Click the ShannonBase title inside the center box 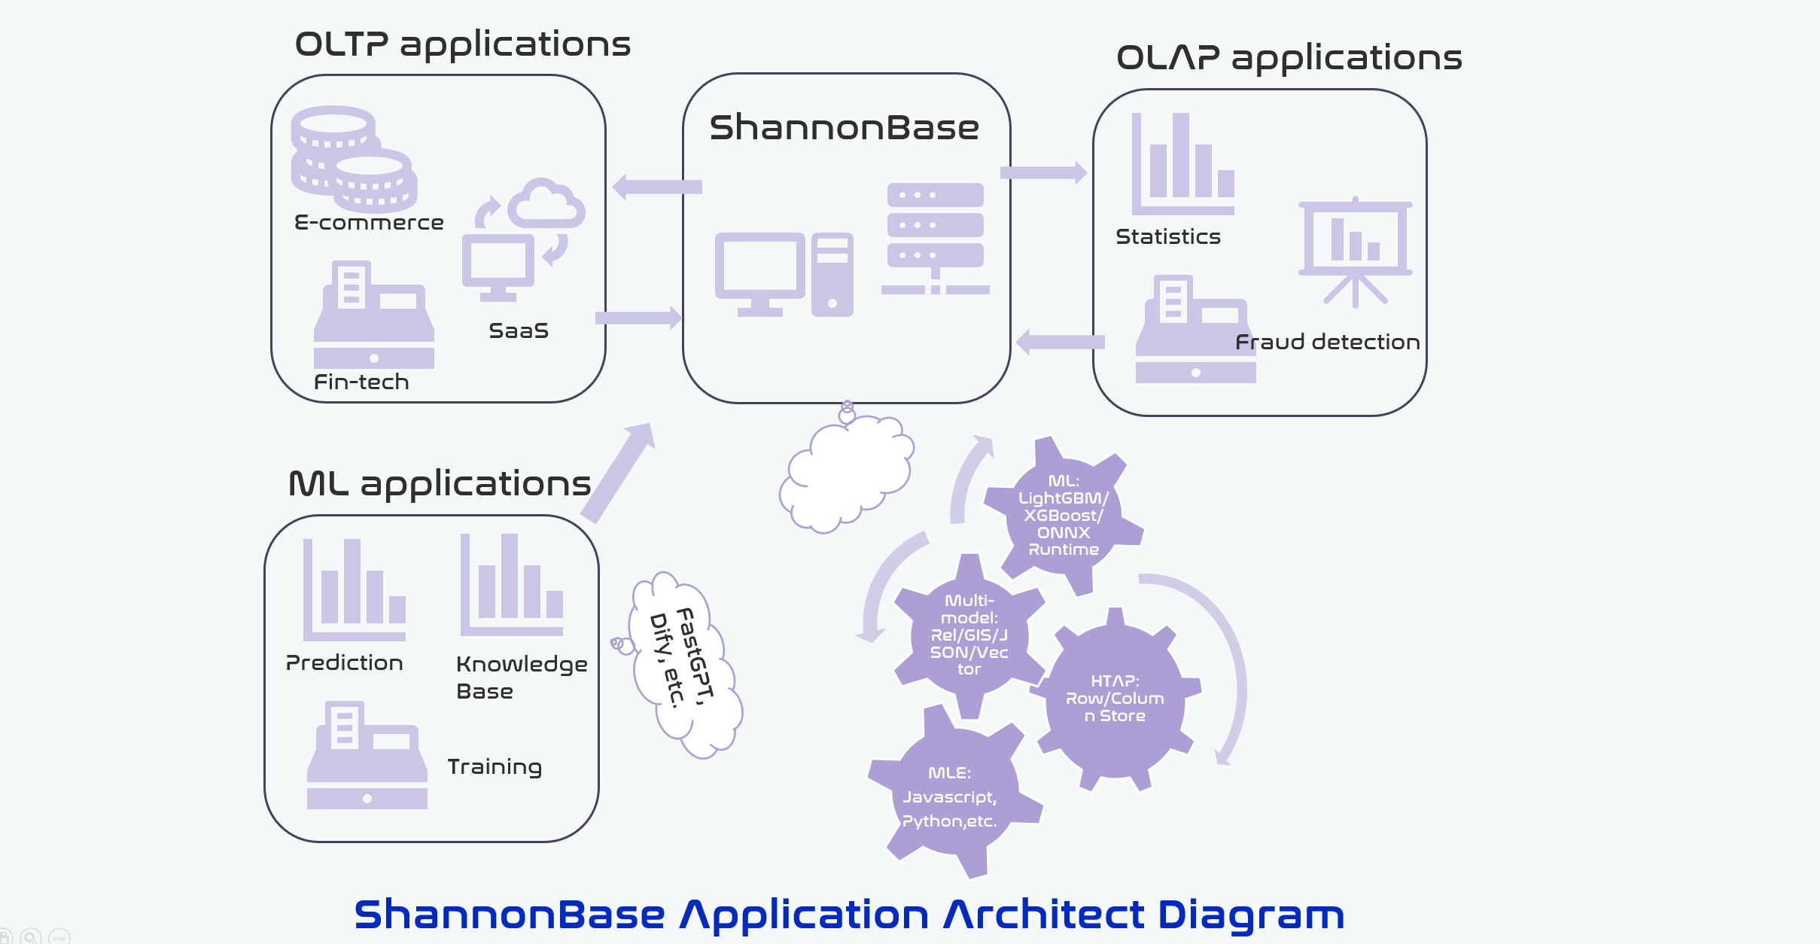click(x=844, y=128)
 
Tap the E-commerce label click(x=369, y=223)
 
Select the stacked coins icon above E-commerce click(x=354, y=159)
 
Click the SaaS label click(x=519, y=331)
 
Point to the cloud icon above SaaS click(x=546, y=204)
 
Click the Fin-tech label click(x=361, y=382)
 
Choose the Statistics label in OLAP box click(x=1168, y=237)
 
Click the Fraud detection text click(x=1328, y=343)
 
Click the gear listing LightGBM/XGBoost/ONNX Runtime click(x=1063, y=516)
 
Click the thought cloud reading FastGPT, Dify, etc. click(x=685, y=662)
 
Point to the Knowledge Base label click(x=521, y=678)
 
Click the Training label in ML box click(x=495, y=767)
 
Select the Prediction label click(x=345, y=663)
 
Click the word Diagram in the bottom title click(x=1250, y=915)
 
